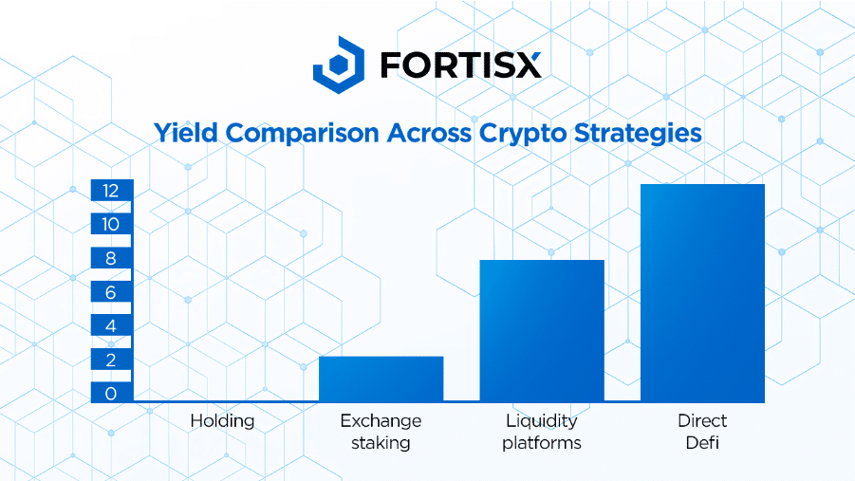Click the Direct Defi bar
tap(702, 293)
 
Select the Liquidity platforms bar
tap(542, 331)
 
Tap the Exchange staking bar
tap(381, 379)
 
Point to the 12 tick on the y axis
tap(111, 191)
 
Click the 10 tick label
tap(111, 224)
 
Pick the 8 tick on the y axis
tap(111, 258)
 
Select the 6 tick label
tap(111, 292)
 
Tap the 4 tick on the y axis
tap(111, 326)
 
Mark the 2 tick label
tap(111, 360)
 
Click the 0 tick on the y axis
tap(111, 394)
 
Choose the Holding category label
tap(222, 421)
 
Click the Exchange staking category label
tap(381, 432)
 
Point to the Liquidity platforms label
tap(542, 432)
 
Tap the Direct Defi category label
tap(702, 432)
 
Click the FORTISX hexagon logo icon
tap(339, 65)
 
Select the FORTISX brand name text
tap(461, 65)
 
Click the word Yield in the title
tap(186, 133)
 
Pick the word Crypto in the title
tap(523, 134)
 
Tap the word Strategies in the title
tap(638, 134)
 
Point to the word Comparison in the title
tap(302, 134)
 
